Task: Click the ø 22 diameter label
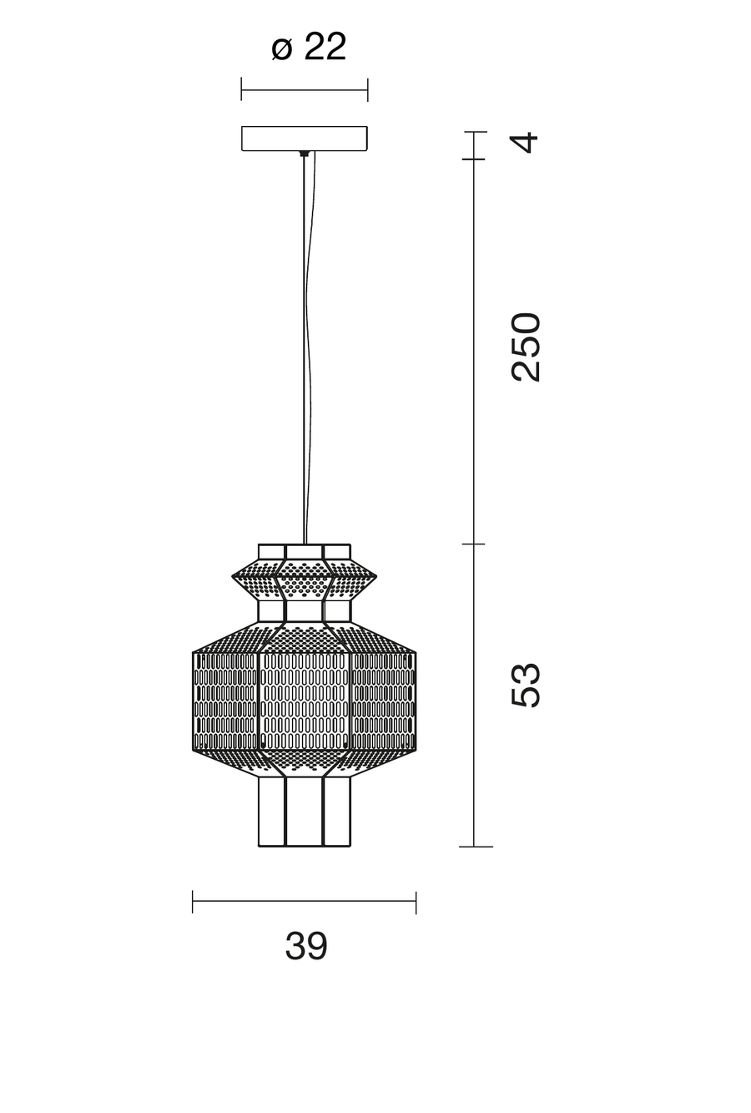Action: pyautogui.click(x=309, y=48)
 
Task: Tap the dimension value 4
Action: pyautogui.click(x=525, y=143)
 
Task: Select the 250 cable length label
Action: pyautogui.click(x=525, y=347)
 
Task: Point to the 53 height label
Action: pyautogui.click(x=525, y=684)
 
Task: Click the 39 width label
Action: pyautogui.click(x=306, y=946)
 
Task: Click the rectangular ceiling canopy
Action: pyautogui.click(x=305, y=138)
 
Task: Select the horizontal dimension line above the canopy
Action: pyautogui.click(x=305, y=90)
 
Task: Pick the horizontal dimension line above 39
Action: pyautogui.click(x=304, y=900)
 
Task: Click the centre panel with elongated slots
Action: pyautogui.click(x=305, y=701)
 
